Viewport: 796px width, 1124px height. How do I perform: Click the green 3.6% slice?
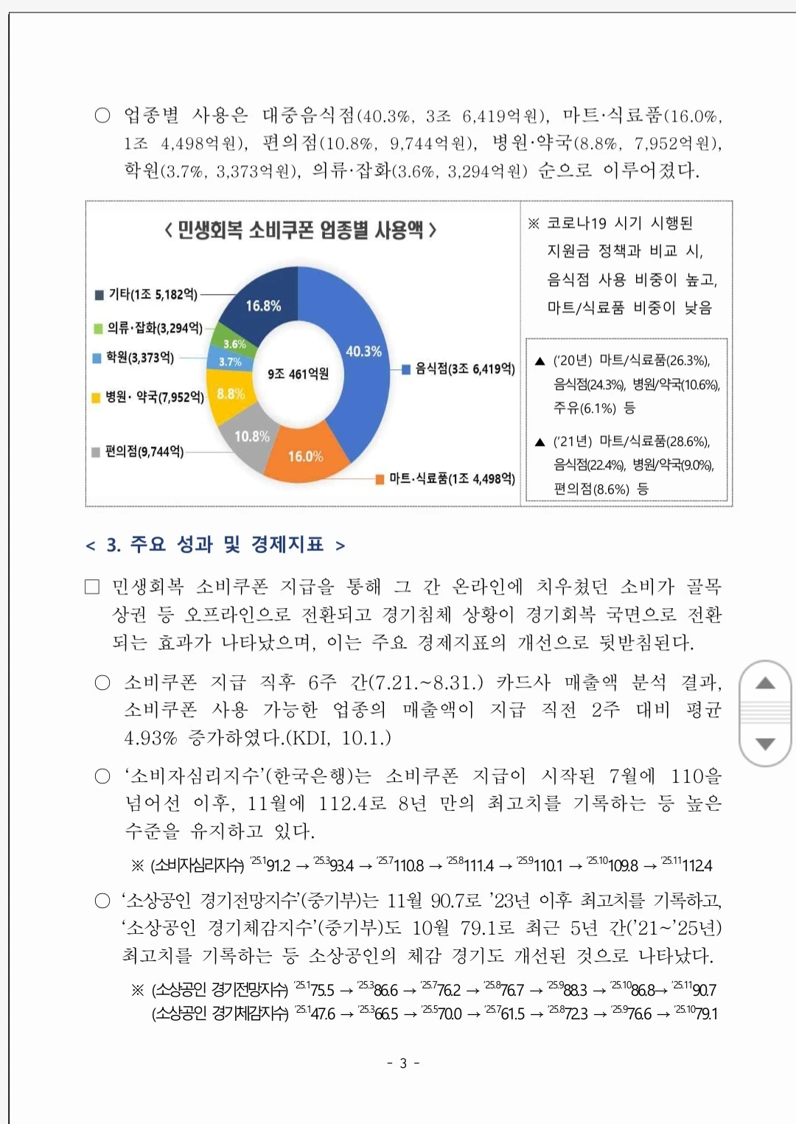pos(234,343)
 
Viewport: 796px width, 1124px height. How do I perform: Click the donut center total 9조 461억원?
pos(298,374)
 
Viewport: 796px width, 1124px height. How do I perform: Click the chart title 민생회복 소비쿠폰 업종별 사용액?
pos(301,230)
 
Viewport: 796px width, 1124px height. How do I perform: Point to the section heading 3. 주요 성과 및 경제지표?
pos(215,545)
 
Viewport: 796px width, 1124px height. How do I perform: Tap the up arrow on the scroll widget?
pos(766,683)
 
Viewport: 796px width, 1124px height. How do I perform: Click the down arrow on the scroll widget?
pos(766,744)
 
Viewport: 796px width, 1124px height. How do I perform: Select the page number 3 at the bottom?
pos(403,1063)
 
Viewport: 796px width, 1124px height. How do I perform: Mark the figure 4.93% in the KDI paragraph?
pos(150,738)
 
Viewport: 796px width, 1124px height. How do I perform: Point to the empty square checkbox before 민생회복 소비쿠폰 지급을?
pos(92,587)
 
